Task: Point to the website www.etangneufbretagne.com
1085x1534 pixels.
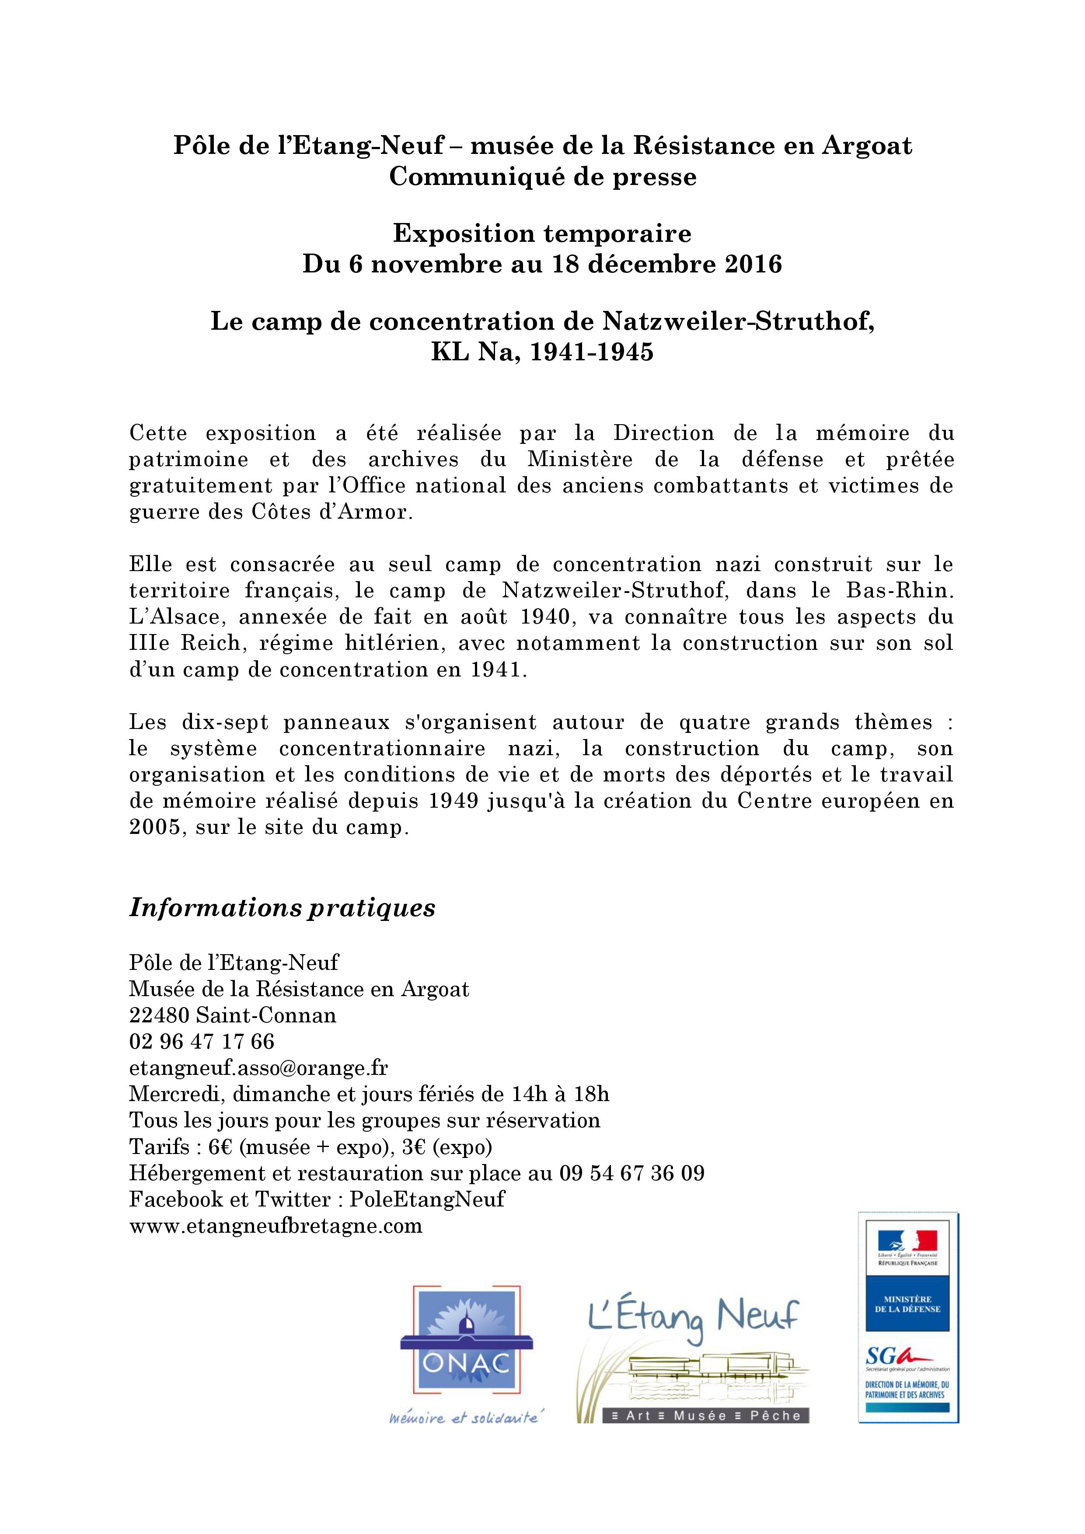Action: [275, 1225]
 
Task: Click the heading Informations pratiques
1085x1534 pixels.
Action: [282, 907]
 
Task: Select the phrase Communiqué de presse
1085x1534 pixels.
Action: [542, 176]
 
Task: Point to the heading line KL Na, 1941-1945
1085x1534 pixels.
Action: [542, 352]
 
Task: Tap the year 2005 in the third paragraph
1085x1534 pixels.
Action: [153, 827]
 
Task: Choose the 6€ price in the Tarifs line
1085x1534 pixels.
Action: [220, 1147]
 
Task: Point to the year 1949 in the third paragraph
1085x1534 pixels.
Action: [453, 801]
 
